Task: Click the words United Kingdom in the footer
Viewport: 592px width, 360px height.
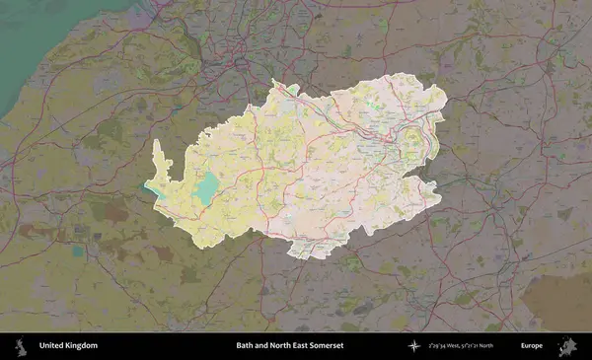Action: point(68,346)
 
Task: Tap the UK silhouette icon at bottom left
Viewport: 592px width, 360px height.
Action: point(20,346)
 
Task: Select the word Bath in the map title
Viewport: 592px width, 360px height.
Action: point(245,346)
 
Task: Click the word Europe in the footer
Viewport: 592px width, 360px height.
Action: point(532,346)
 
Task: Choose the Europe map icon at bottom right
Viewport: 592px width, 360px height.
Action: point(567,346)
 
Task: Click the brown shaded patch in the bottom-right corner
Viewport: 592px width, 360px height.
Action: point(557,301)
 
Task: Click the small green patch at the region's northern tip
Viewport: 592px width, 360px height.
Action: point(293,90)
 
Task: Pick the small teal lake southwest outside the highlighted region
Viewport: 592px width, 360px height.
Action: point(78,252)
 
